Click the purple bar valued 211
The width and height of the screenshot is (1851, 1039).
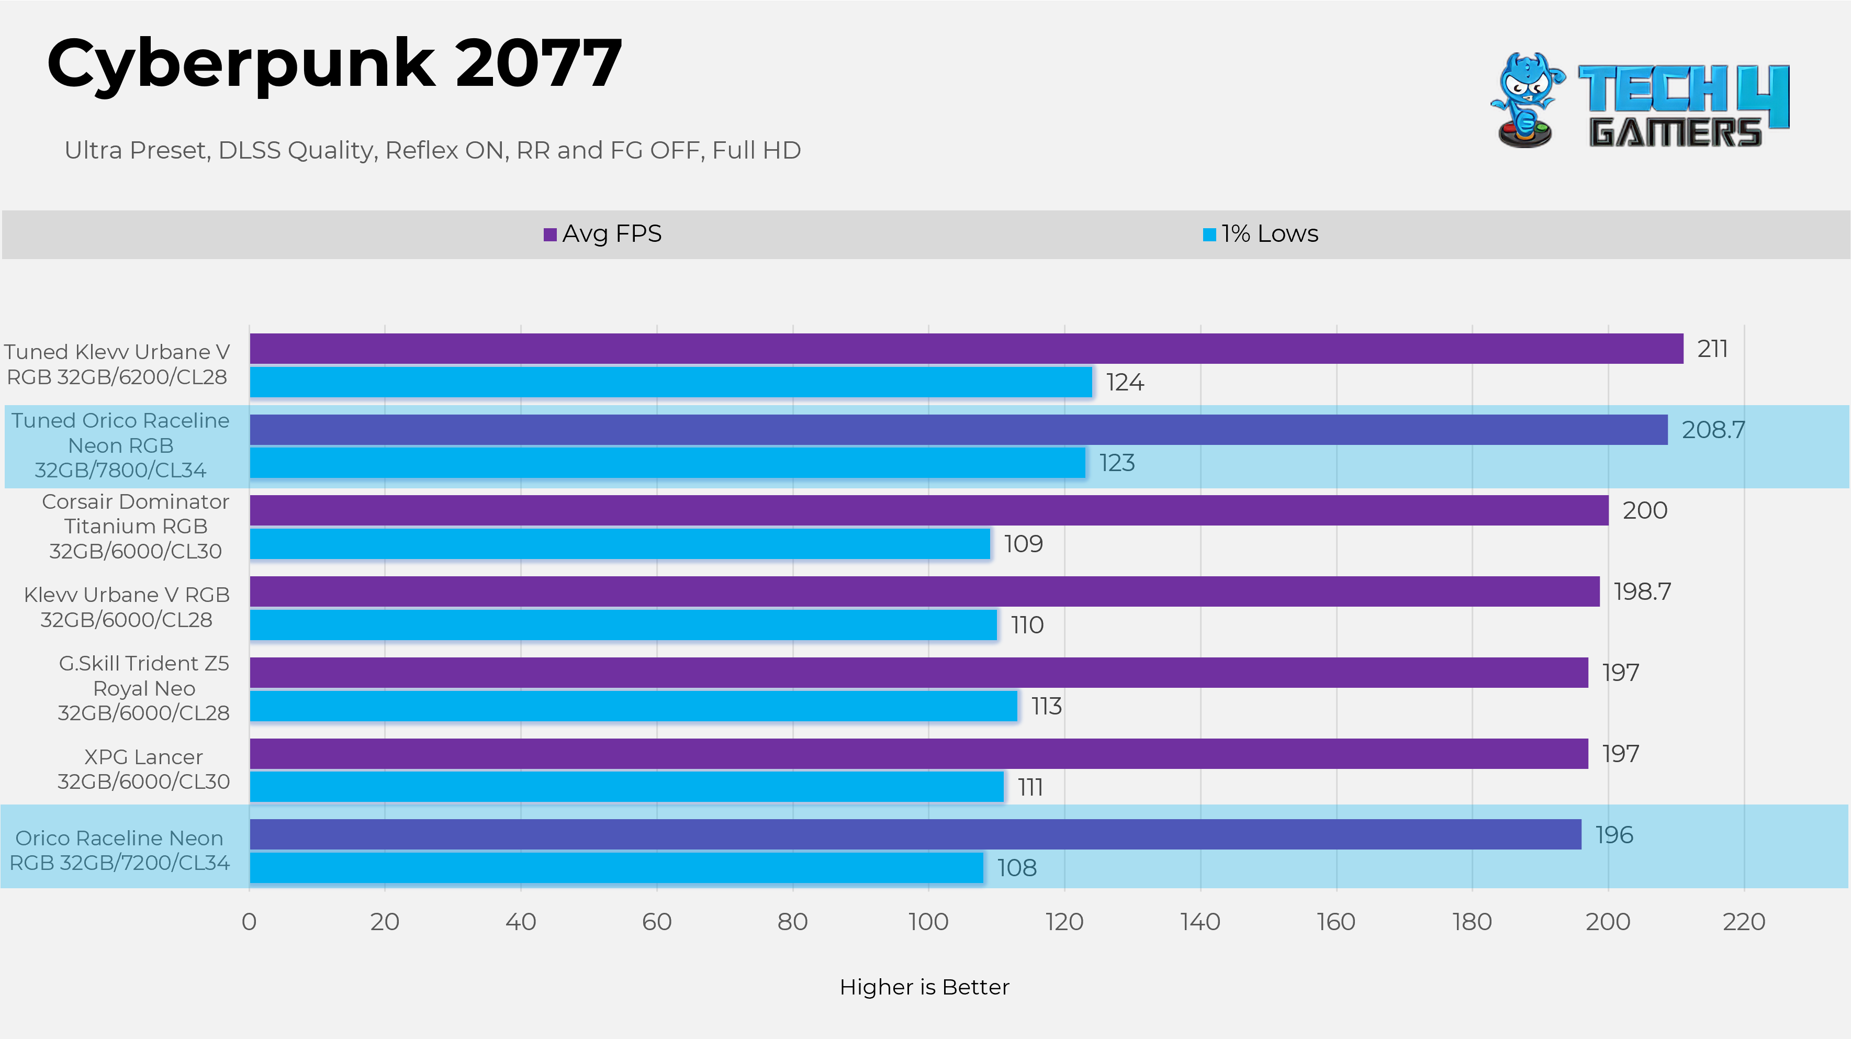(966, 349)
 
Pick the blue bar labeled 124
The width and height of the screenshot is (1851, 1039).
(670, 382)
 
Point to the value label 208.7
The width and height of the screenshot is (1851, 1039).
(1712, 430)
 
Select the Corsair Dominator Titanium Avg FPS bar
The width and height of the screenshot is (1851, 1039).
(928, 510)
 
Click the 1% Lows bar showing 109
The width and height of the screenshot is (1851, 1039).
(620, 544)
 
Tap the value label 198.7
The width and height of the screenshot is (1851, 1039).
(1642, 591)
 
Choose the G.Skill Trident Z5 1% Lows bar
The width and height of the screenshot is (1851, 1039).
(633, 706)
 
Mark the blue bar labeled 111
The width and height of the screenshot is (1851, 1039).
(626, 787)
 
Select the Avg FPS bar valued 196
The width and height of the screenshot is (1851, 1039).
(915, 834)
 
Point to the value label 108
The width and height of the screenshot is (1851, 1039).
(1017, 868)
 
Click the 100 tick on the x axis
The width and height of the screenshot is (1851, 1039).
(928, 922)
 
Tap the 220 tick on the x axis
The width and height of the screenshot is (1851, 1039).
(1743, 922)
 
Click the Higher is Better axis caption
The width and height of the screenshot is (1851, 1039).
(924, 987)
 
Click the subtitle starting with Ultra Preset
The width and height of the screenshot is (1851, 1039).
(433, 150)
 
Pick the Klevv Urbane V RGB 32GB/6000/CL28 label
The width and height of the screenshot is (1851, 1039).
(127, 607)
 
